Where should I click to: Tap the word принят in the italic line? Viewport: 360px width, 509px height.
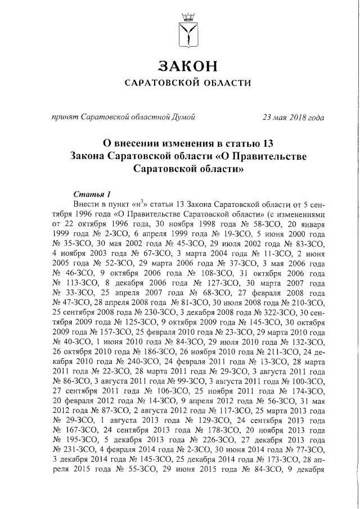tap(65, 118)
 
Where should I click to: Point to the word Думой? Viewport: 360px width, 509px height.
tap(183, 118)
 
